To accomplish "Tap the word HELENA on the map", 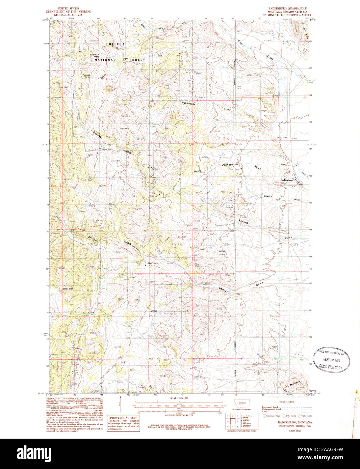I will [x=117, y=44].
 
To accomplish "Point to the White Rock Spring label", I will [x=95, y=55].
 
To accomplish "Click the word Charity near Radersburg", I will [x=268, y=196].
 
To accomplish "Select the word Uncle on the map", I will [x=197, y=171].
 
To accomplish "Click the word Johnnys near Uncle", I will [x=228, y=165].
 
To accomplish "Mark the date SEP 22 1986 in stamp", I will [x=331, y=360].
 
